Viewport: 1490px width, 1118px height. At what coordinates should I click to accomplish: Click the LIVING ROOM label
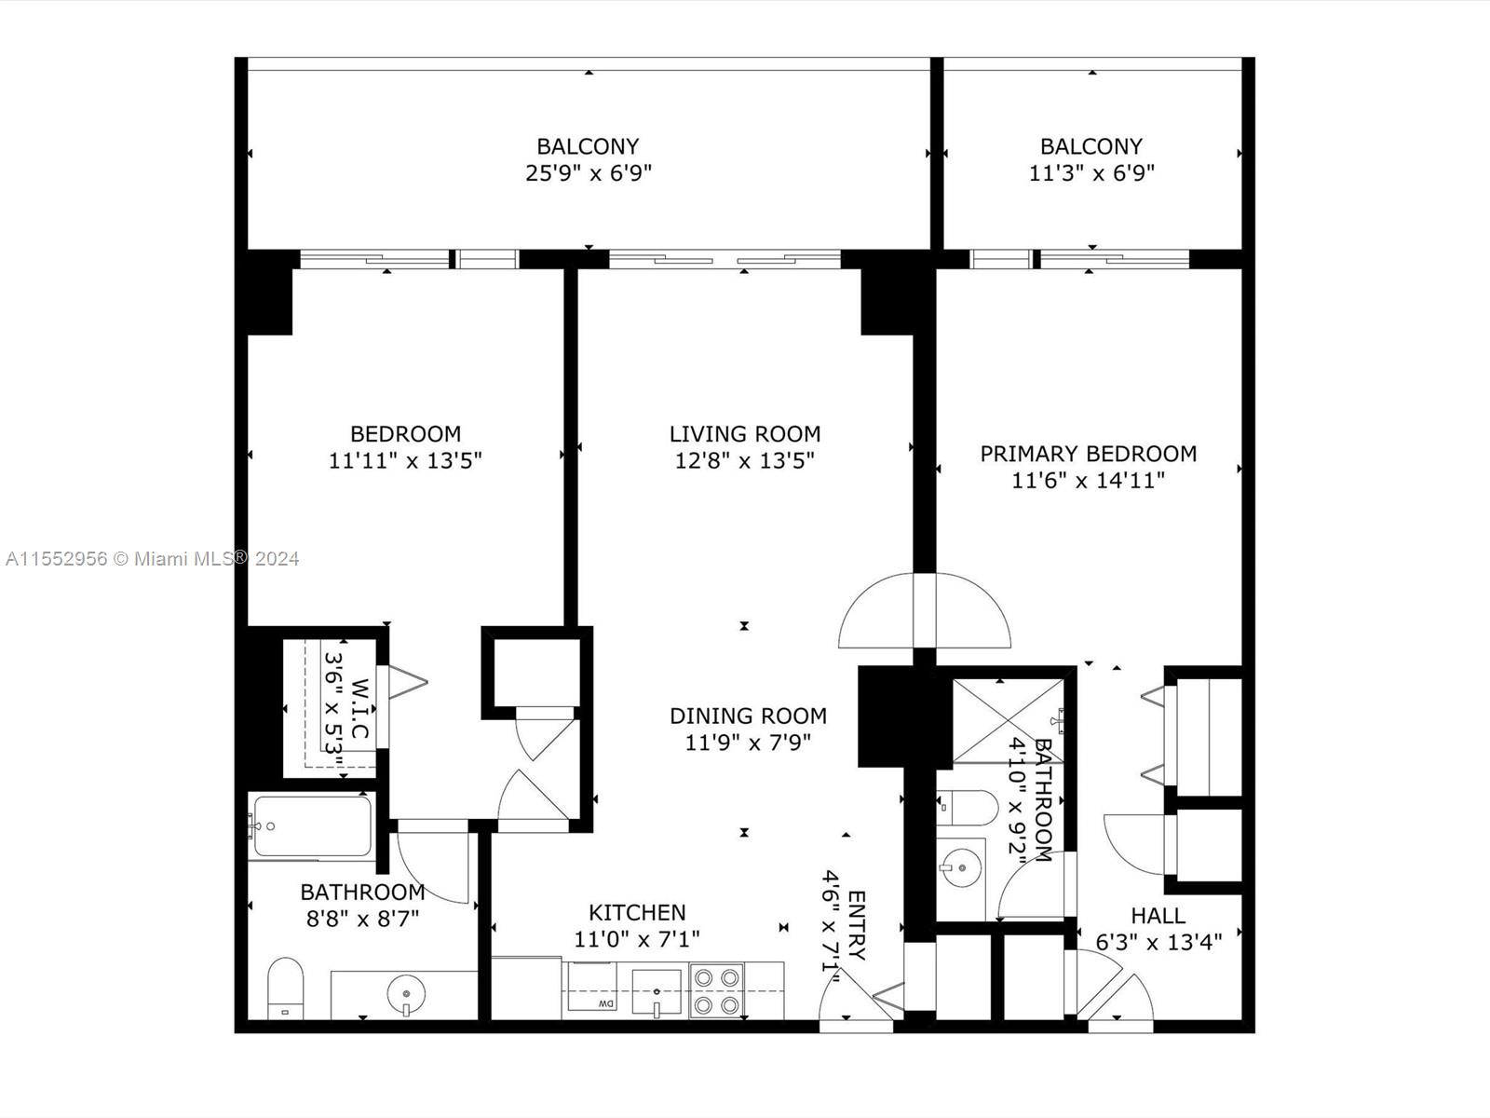point(745,433)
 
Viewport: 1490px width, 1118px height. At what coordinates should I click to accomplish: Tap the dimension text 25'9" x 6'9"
point(589,173)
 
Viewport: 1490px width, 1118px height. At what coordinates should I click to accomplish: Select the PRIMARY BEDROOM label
point(1088,454)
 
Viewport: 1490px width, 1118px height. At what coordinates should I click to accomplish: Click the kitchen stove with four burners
point(716,991)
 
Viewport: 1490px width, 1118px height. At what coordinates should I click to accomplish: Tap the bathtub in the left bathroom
point(311,825)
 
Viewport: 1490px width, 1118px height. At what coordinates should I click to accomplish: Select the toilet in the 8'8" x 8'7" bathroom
point(286,988)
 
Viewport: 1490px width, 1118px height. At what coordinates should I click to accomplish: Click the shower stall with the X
point(1008,721)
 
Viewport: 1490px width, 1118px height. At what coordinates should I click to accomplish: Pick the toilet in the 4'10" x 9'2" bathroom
point(967,807)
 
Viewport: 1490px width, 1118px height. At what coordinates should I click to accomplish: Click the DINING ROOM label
point(748,716)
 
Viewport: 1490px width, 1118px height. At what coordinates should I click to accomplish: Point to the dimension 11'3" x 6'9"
point(1091,173)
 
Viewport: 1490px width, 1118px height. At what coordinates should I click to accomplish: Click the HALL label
point(1158,916)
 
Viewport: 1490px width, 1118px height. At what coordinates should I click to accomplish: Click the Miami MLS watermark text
point(152,559)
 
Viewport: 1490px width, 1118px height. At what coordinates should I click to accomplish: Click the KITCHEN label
point(637,912)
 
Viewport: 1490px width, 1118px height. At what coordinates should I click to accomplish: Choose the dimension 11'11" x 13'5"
point(405,460)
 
